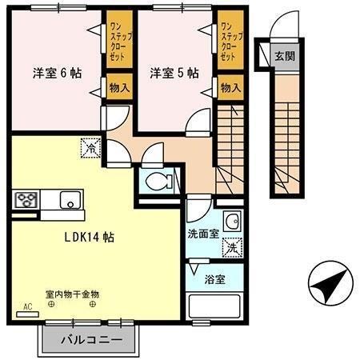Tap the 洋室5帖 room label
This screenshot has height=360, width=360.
point(174,73)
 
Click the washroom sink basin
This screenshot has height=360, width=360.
point(231,222)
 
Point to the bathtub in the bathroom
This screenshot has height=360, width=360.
point(214,308)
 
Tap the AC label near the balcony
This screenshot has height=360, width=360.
point(27,306)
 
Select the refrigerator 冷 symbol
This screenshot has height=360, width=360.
point(91,147)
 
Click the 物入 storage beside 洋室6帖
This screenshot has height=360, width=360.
point(120,86)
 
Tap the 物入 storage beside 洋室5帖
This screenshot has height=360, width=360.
point(229,86)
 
